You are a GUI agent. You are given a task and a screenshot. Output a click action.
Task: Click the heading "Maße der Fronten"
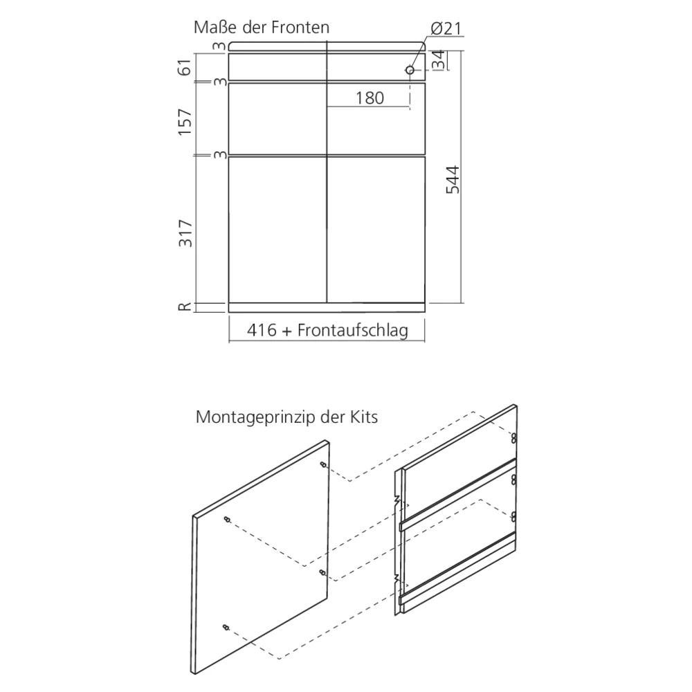pyautogui.click(x=262, y=28)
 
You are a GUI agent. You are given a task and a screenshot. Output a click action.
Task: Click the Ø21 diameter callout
pyautogui.click(x=446, y=28)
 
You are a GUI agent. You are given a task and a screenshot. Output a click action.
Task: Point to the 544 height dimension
pyautogui.click(x=453, y=180)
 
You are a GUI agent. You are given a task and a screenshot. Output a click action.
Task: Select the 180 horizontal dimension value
pyautogui.click(x=370, y=98)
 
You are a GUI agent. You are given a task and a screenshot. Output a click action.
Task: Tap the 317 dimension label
pyautogui.click(x=185, y=233)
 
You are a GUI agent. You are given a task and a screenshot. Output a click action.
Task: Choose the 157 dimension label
pyautogui.click(x=185, y=122)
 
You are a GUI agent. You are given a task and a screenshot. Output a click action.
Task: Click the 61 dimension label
pyautogui.click(x=185, y=67)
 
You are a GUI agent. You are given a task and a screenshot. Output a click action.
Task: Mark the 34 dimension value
pyautogui.click(x=438, y=60)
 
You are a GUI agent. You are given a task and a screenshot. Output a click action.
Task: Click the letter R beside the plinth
pyautogui.click(x=185, y=307)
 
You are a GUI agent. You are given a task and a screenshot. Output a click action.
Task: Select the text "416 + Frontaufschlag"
pyautogui.click(x=327, y=330)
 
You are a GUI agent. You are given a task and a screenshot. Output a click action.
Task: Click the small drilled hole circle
pyautogui.click(x=410, y=70)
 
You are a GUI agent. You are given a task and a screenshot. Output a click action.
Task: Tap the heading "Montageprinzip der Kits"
pyautogui.click(x=287, y=417)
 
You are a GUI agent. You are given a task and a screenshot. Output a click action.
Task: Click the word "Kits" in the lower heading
pyautogui.click(x=364, y=417)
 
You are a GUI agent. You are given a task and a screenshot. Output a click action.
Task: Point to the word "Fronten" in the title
pyautogui.click(x=300, y=28)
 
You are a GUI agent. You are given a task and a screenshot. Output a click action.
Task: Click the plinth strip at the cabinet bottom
pyautogui.click(x=327, y=308)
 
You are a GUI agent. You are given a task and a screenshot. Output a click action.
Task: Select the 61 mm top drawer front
pyautogui.click(x=327, y=67)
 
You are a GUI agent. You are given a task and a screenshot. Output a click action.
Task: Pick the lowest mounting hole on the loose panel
pyautogui.click(x=226, y=627)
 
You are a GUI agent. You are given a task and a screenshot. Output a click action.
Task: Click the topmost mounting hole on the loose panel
pyautogui.click(x=323, y=464)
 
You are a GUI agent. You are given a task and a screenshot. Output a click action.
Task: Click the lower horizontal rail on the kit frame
pyautogui.click(x=457, y=568)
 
